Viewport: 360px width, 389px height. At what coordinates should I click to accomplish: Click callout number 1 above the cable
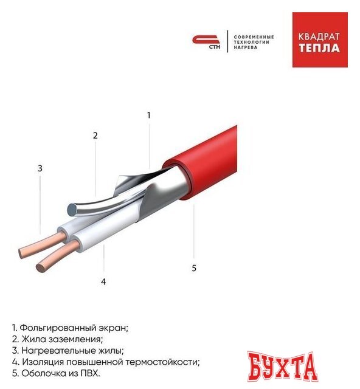tap(149, 115)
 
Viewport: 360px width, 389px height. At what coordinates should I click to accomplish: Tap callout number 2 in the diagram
tap(95, 136)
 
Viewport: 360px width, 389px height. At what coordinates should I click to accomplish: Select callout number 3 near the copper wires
tap(40, 168)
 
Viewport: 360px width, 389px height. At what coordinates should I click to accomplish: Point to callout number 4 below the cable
tap(103, 282)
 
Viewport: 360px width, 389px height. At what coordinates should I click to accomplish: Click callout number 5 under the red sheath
tap(194, 268)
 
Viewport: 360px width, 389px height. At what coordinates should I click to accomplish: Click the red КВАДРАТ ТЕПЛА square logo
tap(320, 40)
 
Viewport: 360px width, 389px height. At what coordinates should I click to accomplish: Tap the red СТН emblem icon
tap(206, 42)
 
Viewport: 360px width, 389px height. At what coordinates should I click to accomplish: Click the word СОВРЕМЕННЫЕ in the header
tap(254, 37)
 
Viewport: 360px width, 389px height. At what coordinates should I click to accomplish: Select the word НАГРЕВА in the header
tap(246, 47)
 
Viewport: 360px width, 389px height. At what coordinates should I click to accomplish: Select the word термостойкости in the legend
tap(162, 362)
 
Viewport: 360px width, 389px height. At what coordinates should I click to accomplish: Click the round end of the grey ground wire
tap(72, 209)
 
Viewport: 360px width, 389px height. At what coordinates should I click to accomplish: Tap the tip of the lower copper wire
tap(41, 268)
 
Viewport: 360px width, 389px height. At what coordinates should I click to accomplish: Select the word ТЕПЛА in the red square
tap(319, 48)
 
